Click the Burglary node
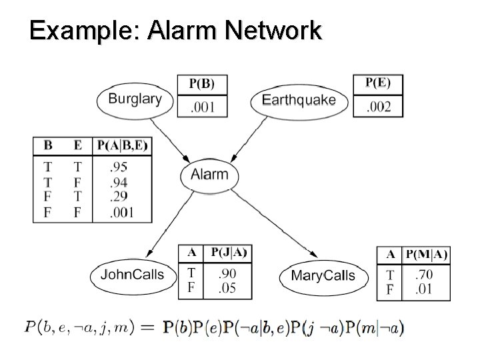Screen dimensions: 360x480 (x=135, y=99)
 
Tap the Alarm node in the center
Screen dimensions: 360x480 (x=209, y=175)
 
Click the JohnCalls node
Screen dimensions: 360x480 (x=132, y=275)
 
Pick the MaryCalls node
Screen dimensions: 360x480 (x=323, y=275)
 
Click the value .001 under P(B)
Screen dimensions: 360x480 (x=202, y=107)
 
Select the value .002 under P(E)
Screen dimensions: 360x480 (x=378, y=107)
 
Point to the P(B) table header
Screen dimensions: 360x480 (x=202, y=84)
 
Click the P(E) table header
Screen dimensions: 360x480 (x=378, y=83)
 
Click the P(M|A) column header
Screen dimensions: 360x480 (x=427, y=255)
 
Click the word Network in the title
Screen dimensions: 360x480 (x=273, y=30)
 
